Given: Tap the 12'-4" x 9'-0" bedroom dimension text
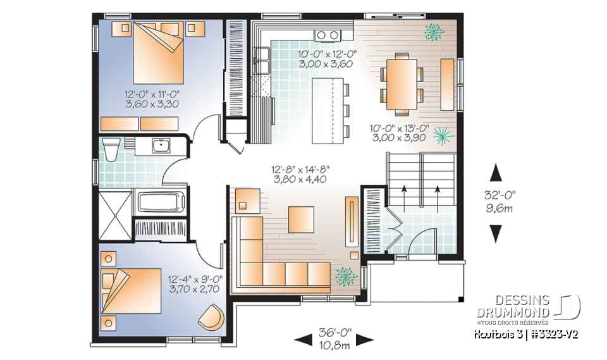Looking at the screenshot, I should click(x=193, y=283).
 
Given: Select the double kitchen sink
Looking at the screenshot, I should click(x=262, y=64).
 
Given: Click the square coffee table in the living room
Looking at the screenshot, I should click(x=301, y=219).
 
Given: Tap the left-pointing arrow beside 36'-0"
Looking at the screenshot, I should click(x=303, y=340).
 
